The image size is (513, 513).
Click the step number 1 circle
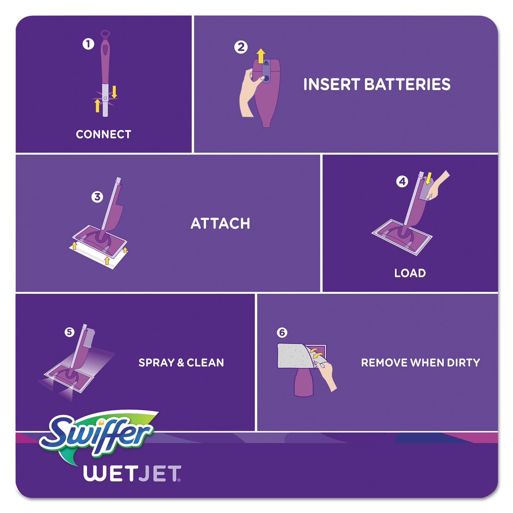click(x=88, y=44)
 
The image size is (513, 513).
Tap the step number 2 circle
click(x=241, y=47)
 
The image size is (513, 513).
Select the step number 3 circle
click(x=97, y=197)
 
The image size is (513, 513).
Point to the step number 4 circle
click(x=402, y=182)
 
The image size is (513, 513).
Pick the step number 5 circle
click(x=69, y=332)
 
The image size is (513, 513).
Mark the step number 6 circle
click(x=282, y=332)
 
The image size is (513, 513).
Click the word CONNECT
click(x=103, y=134)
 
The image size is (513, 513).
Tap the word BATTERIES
click(x=407, y=84)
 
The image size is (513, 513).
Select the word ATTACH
click(x=220, y=224)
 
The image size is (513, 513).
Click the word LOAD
click(x=410, y=273)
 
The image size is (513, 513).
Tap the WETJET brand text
click(x=132, y=474)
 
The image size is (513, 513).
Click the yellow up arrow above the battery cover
click(x=261, y=56)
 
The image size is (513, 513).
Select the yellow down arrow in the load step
click(x=428, y=178)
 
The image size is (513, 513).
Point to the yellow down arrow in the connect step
click(x=114, y=92)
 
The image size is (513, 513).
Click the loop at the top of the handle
click(x=105, y=35)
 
